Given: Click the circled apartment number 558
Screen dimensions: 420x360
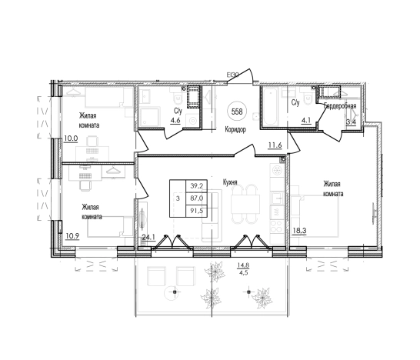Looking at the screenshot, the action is click(x=237, y=112).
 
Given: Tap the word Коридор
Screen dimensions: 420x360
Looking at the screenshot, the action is click(x=235, y=130).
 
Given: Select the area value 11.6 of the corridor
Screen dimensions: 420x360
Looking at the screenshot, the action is click(x=275, y=145).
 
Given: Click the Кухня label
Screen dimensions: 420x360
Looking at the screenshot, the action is click(x=230, y=182).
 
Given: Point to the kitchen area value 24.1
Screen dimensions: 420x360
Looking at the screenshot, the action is click(x=148, y=237).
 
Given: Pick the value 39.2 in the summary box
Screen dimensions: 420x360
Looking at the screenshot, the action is click(x=197, y=185).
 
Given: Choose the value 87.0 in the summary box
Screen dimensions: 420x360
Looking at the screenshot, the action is click(x=197, y=198).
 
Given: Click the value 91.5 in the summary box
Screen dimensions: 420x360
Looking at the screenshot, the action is click(x=197, y=211).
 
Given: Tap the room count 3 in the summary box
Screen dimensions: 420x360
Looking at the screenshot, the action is click(x=178, y=198).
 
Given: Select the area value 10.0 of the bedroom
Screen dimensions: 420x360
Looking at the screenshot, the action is click(x=71, y=138).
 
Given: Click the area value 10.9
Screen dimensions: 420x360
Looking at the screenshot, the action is click(x=72, y=236).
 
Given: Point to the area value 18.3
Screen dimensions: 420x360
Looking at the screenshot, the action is click(x=299, y=230).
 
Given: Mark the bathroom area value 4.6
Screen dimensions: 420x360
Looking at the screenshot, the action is click(x=175, y=120).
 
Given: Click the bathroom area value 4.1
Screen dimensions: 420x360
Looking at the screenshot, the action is click(x=306, y=120).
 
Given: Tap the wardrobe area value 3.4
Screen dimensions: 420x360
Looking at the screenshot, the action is click(x=351, y=122).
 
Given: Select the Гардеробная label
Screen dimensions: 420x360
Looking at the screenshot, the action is click(x=340, y=106).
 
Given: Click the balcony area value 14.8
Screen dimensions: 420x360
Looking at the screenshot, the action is click(x=243, y=265).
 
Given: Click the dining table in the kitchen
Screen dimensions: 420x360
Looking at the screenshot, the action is click(x=245, y=204).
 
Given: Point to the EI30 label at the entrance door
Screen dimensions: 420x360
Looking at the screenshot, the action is click(x=232, y=75).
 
